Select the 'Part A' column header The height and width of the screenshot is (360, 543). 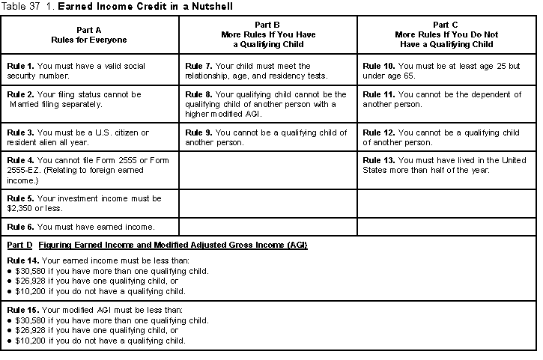(89, 34)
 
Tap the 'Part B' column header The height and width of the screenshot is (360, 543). (267, 34)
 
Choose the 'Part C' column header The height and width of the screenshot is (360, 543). (447, 34)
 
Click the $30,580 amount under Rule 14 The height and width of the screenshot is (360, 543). (30, 270)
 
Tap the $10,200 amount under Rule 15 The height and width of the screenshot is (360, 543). (30, 341)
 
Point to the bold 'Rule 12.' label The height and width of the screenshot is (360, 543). (378, 132)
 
